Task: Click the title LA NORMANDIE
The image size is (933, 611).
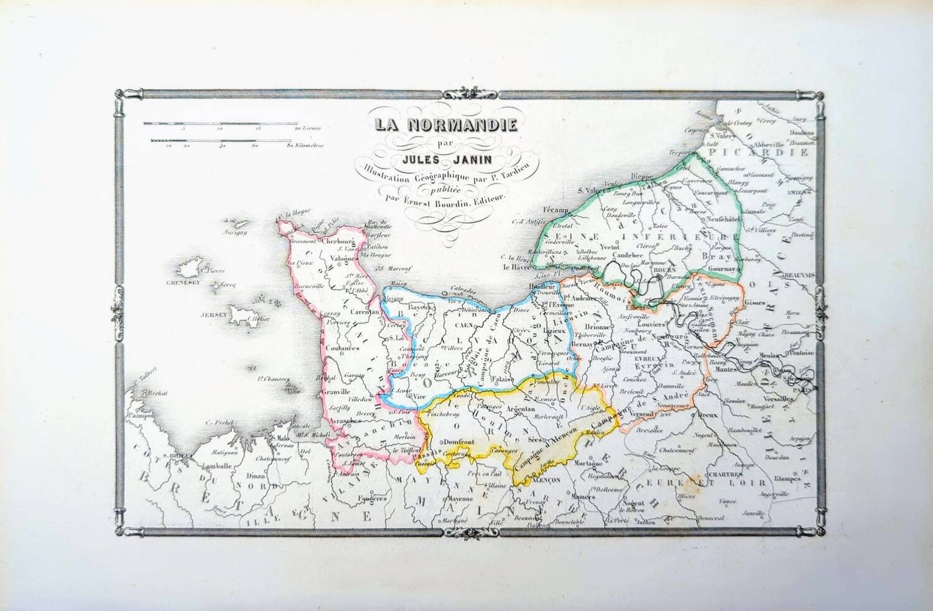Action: (x=445, y=124)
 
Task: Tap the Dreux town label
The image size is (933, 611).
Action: (x=715, y=413)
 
